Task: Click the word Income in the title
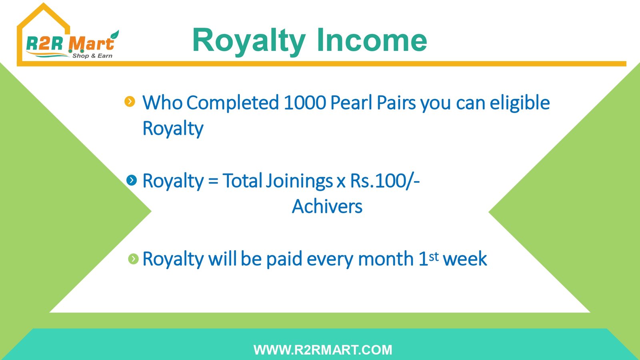372,40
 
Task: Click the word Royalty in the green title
249,42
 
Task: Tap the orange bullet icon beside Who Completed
130,102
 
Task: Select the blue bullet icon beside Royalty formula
132,180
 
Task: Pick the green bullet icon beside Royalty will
133,259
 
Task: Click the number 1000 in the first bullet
305,102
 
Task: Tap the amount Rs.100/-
385,181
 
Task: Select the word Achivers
327,206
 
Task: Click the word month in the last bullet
386,259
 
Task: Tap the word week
465,259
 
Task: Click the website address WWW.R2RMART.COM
323,350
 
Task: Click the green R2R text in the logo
44,44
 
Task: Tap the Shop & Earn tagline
92,56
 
